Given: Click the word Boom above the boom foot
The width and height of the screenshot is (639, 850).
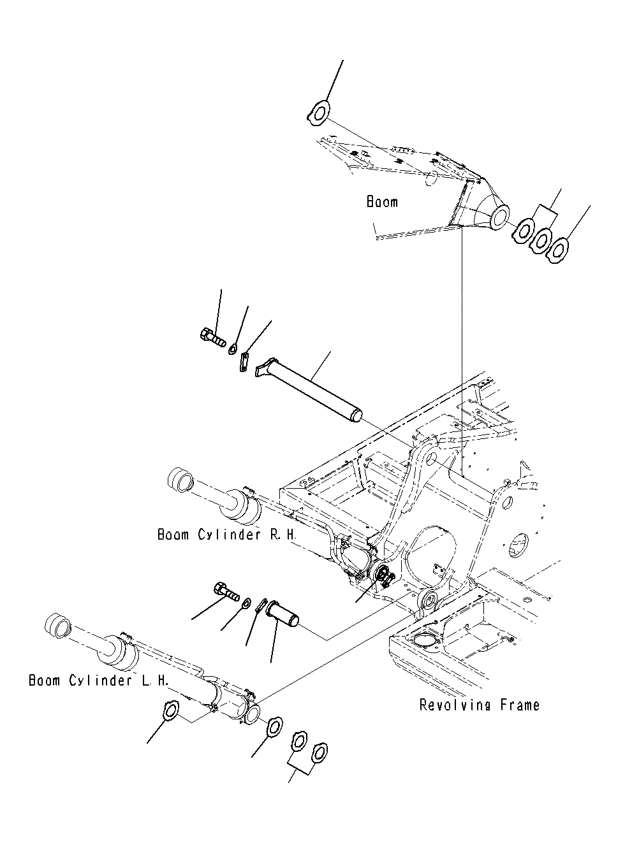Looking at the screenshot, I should pyautogui.click(x=382, y=203).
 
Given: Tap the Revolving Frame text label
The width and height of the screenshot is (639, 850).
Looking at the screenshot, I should pyautogui.click(x=479, y=705).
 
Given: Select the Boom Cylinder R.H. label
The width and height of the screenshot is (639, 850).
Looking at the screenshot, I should pyautogui.click(x=227, y=535).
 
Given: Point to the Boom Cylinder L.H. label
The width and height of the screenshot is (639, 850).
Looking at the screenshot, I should pyautogui.click(x=99, y=681).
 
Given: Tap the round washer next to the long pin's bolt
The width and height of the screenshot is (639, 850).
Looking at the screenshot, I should pyautogui.click(x=234, y=349).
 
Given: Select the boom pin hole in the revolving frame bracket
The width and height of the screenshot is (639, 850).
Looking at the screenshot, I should pyautogui.click(x=431, y=456).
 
